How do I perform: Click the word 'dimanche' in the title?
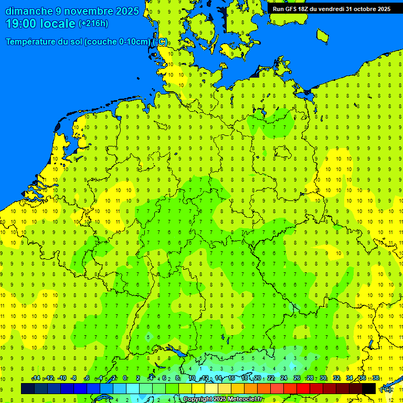pos(29,11)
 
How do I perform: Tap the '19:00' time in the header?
pos(22,23)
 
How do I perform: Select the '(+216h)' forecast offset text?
pos(93,23)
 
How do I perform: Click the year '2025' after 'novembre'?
pos(126,11)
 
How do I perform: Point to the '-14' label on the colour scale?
pos(36,378)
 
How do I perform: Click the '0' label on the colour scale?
pos(125,378)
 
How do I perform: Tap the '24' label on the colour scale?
pos(284,378)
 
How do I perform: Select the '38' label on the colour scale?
pos(376,378)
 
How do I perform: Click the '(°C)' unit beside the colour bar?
pos(386,389)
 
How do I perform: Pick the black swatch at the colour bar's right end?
pos(369,388)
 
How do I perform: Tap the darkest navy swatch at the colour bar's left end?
pos(28,388)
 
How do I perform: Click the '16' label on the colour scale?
pos(231,378)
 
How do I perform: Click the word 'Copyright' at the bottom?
pos(197,399)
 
